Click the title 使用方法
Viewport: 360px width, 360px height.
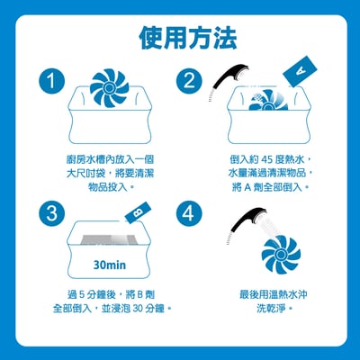[x=188, y=38]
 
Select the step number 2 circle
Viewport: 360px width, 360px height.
[x=189, y=82]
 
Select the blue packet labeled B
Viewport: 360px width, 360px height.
[x=137, y=213]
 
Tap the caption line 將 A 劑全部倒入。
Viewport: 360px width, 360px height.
[x=270, y=187]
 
